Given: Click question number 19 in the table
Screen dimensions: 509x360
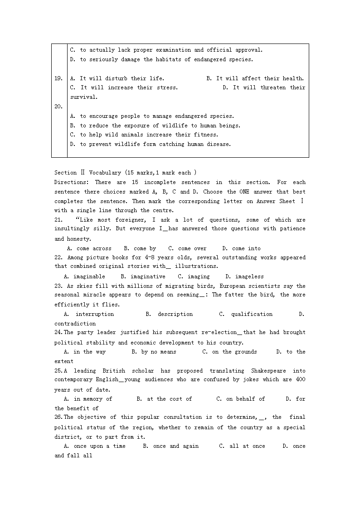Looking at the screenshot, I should pos(58,78).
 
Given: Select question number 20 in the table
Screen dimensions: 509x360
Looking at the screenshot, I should pos(58,107).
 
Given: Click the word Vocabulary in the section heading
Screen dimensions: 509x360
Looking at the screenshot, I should pos(105,173).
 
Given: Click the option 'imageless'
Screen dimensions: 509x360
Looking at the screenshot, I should pos(249,276).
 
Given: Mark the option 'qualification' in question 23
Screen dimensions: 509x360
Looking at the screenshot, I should pos(252,314).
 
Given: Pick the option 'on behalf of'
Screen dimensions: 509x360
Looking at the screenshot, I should pos(245,399).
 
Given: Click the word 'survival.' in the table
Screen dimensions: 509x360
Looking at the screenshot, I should pos(84,97).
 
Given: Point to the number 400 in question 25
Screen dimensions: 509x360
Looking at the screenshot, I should pos(300,380).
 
